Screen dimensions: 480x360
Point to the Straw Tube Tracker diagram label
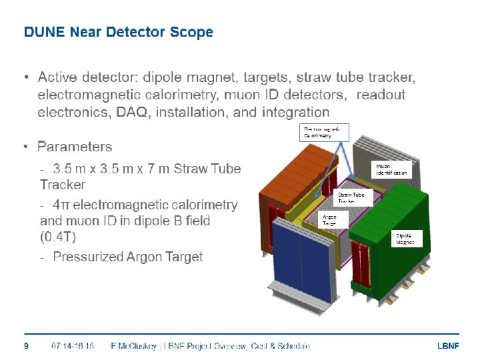(351, 197)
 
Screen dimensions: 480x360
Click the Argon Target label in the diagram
(330, 220)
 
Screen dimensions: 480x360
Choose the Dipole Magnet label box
(405, 239)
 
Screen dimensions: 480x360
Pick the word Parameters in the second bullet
(75, 147)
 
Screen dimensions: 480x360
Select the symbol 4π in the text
(62, 205)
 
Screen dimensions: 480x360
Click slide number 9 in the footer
(26, 345)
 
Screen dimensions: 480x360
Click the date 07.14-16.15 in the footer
(73, 345)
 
